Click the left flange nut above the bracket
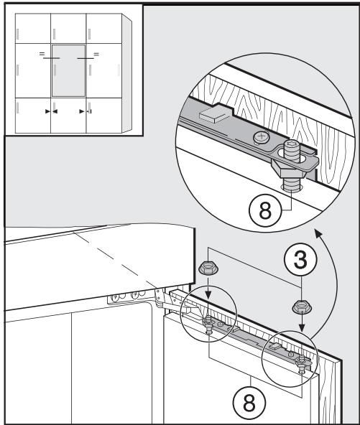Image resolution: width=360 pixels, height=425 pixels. point(206,271)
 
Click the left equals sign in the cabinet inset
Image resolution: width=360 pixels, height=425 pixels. point(41,55)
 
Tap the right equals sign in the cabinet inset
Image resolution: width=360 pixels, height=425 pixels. point(98,55)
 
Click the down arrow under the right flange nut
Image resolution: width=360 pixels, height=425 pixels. point(300,333)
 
